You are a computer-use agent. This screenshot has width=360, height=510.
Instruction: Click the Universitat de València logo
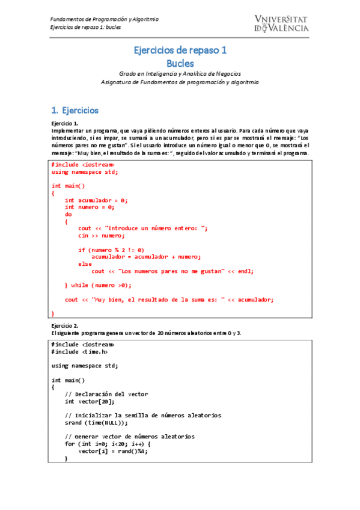[281, 23]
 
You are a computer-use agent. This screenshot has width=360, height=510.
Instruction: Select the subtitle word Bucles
[180, 63]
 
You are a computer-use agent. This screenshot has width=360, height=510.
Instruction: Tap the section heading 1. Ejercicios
[75, 111]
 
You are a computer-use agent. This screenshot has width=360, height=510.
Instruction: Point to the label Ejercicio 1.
[65, 123]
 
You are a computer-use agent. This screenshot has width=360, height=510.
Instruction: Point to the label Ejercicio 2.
[65, 325]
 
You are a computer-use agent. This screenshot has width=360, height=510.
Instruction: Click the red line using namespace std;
[85, 172]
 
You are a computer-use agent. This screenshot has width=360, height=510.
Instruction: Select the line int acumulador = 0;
[96, 200]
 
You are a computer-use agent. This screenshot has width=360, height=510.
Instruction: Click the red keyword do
[68, 214]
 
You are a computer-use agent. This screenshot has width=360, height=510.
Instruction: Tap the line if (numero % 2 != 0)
[111, 250]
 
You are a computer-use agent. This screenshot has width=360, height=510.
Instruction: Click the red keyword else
[85, 264]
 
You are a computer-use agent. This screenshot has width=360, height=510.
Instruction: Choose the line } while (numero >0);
[98, 285]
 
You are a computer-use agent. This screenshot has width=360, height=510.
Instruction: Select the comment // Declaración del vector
[106, 395]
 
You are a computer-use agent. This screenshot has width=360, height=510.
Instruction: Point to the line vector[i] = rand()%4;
[113, 451]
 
